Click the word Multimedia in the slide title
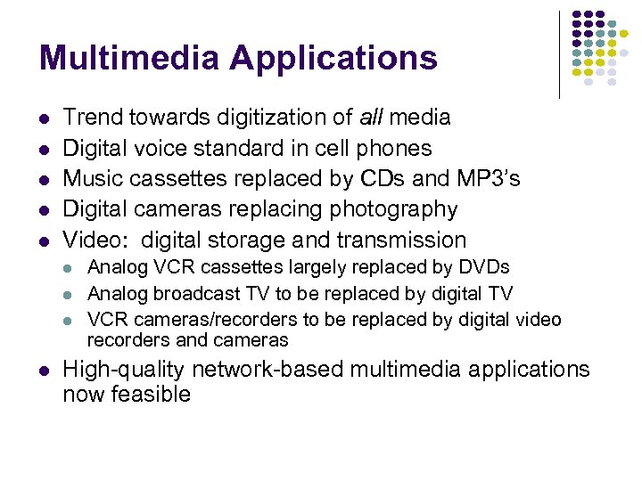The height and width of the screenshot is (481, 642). pyautogui.click(x=129, y=58)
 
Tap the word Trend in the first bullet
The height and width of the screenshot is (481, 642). pyautogui.click(x=94, y=117)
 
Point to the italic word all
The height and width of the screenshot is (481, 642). pyautogui.click(x=371, y=117)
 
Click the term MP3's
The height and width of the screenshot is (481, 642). pyautogui.click(x=489, y=178)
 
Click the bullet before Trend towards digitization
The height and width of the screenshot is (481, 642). pyautogui.click(x=45, y=118)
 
